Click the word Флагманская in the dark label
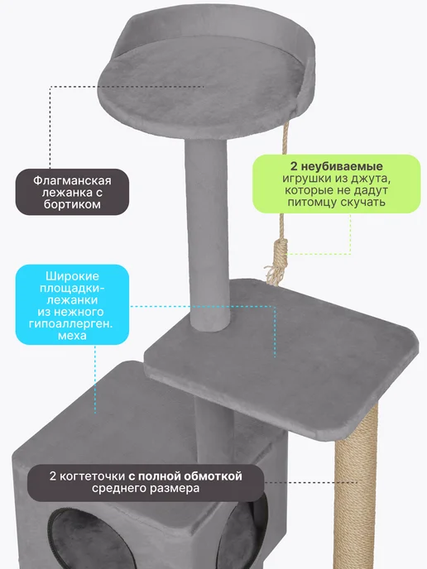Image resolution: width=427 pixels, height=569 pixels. (x=72, y=180)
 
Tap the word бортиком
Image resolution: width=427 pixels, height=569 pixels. (x=72, y=204)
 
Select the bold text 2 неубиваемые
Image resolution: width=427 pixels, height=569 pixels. (x=336, y=166)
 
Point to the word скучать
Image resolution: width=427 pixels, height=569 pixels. (x=362, y=202)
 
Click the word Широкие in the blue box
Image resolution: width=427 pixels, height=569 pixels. (x=72, y=276)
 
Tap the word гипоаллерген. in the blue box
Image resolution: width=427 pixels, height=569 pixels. (x=71, y=323)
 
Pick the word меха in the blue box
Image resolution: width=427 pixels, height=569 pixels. (x=72, y=335)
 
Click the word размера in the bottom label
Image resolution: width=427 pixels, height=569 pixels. (x=174, y=489)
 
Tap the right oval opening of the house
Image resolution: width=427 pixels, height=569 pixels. (x=242, y=533)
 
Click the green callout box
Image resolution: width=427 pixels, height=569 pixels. (x=336, y=184)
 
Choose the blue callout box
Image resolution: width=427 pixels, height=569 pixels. (x=72, y=304)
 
